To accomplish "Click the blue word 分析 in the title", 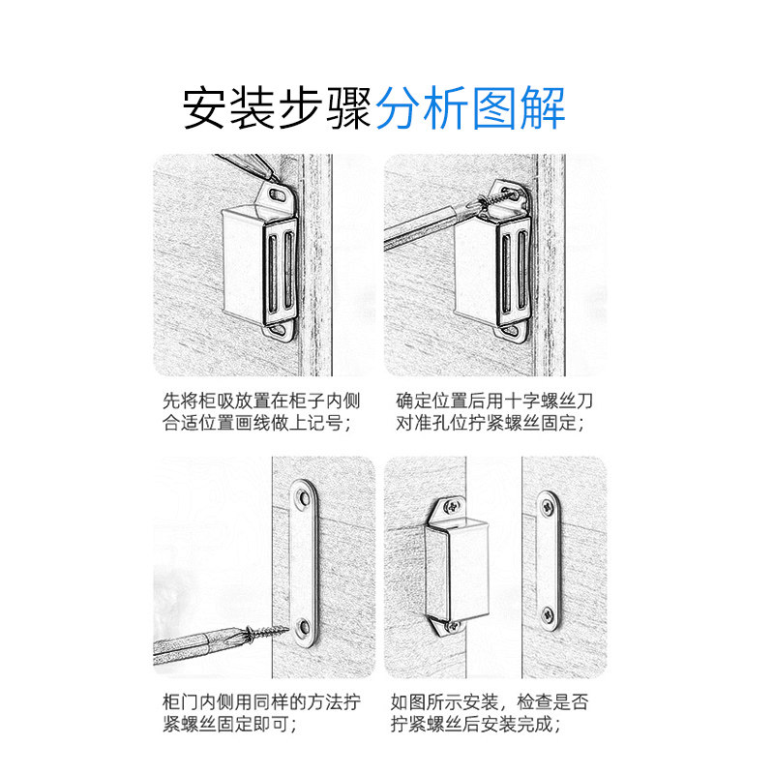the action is tap(423, 107).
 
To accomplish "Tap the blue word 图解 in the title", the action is tap(519, 107).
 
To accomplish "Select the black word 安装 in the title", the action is tap(228, 107).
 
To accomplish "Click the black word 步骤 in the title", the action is tap(325, 107).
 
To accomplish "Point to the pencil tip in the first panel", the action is tap(273, 176).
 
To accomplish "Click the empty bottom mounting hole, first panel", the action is tap(281, 330).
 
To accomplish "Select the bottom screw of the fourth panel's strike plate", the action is tap(549, 614).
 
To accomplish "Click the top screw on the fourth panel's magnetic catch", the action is tap(454, 506).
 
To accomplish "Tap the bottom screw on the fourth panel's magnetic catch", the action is tap(452, 626).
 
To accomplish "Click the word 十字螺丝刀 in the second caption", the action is tap(548, 401).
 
